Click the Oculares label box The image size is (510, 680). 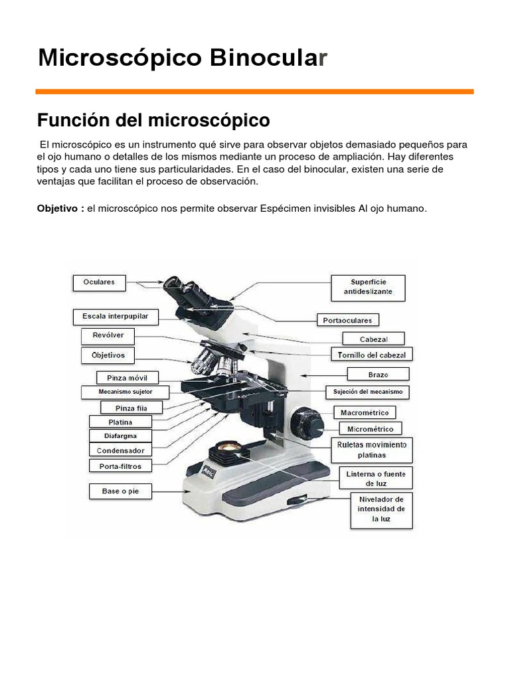[x=99, y=282]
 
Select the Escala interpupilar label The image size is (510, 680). [x=116, y=317]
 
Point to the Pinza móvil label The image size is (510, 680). [x=118, y=378]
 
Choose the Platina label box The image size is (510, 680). [x=120, y=422]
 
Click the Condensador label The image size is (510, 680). [x=120, y=450]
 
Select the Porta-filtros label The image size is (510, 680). [x=120, y=466]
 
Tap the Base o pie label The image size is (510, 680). [x=120, y=491]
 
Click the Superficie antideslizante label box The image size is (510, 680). [x=368, y=287]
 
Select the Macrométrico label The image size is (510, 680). [x=365, y=412]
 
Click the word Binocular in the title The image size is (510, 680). [x=268, y=58]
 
